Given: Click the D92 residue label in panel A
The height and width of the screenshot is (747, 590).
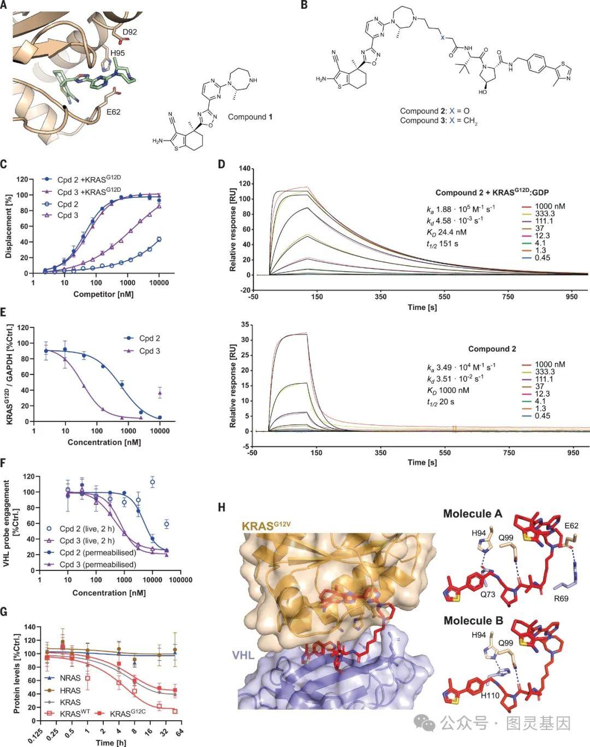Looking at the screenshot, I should [x=129, y=32].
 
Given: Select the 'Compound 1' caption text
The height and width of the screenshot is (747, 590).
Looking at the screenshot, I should [x=250, y=117].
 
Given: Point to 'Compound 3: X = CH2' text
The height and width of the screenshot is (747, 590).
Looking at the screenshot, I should [x=439, y=121].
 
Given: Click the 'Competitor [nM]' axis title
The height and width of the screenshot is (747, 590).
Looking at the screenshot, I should [x=103, y=294].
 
